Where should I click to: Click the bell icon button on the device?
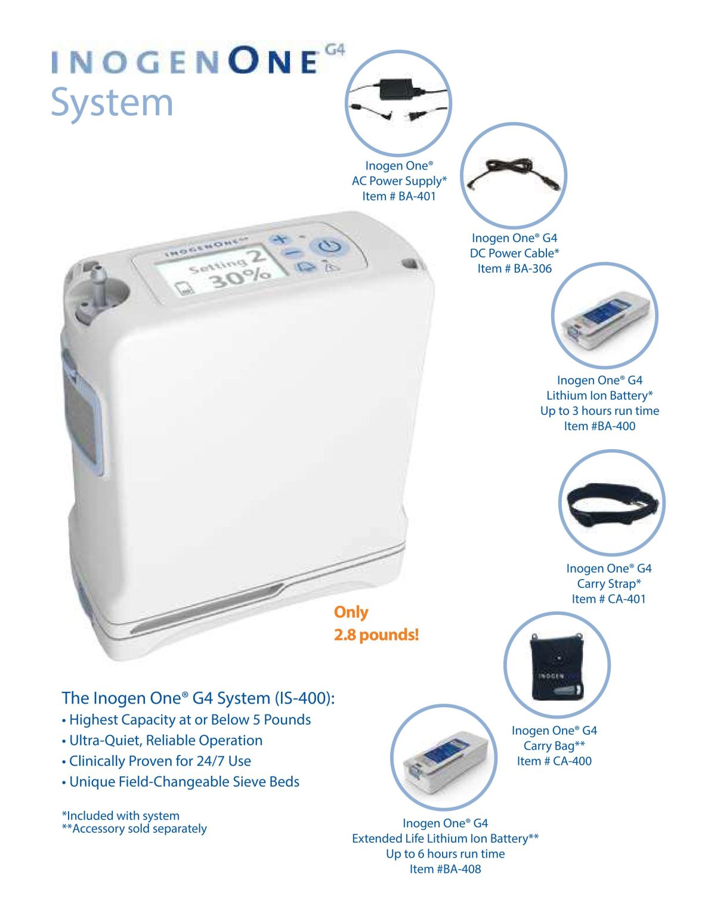point(306,267)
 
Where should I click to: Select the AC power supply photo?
point(398,103)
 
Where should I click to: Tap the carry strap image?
point(611,503)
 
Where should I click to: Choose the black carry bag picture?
point(556,666)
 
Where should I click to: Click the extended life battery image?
point(443,757)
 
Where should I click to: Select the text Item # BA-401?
point(399,196)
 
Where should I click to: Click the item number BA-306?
point(514,268)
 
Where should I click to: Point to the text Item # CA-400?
point(554,761)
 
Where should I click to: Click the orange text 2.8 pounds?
point(376,635)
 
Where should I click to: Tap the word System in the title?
point(112,103)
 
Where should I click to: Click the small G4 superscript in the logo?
point(335,50)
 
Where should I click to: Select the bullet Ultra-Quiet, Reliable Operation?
point(165,740)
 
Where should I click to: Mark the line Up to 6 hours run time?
point(445,853)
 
